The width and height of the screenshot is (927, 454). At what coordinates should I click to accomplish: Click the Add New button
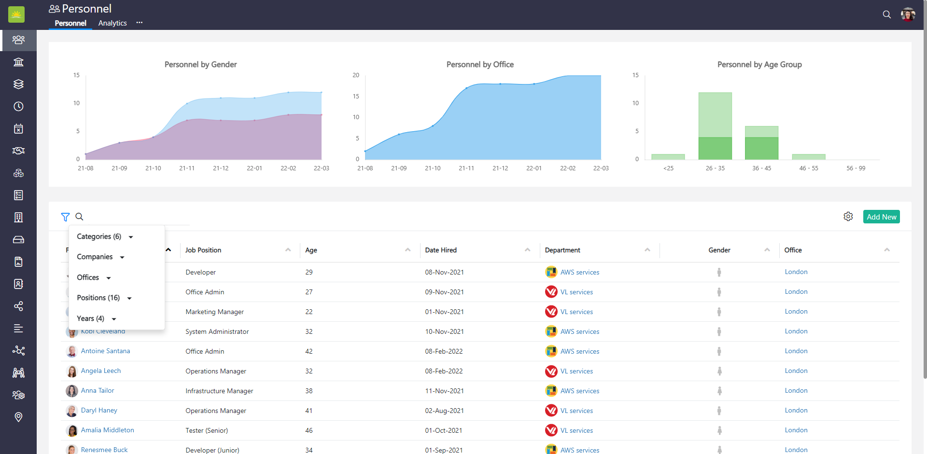[x=881, y=217]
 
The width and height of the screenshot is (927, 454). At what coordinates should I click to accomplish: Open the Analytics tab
[x=112, y=23]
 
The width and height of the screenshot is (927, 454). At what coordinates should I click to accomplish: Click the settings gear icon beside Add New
[x=848, y=217]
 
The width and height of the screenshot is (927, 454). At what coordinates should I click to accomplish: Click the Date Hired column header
[x=441, y=250]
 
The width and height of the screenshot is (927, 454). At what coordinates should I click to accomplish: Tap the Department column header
[x=562, y=250]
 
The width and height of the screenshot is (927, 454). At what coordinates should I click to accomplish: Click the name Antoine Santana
[x=105, y=351]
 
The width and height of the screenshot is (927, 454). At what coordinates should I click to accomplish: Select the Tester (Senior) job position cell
[x=207, y=430]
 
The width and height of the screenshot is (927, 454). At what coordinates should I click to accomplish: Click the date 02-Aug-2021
[x=444, y=411]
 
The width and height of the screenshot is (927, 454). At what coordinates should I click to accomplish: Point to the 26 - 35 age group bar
[x=715, y=125]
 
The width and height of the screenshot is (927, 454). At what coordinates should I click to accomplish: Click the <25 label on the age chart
[x=668, y=168]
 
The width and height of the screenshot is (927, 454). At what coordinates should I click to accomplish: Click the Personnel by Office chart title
[x=480, y=64]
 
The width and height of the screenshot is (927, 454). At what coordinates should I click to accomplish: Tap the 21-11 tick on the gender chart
[x=187, y=168]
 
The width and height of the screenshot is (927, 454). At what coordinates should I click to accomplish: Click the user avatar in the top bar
[x=908, y=14]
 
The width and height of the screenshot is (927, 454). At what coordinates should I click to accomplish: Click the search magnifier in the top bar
[x=887, y=14]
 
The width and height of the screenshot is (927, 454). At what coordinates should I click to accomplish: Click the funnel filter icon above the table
[x=65, y=217]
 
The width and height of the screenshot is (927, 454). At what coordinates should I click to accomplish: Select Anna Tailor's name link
[x=98, y=390]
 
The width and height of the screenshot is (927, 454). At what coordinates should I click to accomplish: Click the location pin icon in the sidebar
[x=18, y=417]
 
